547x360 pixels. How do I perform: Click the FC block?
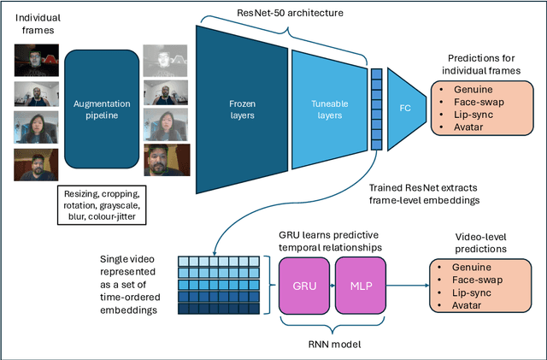tap(405, 109)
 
